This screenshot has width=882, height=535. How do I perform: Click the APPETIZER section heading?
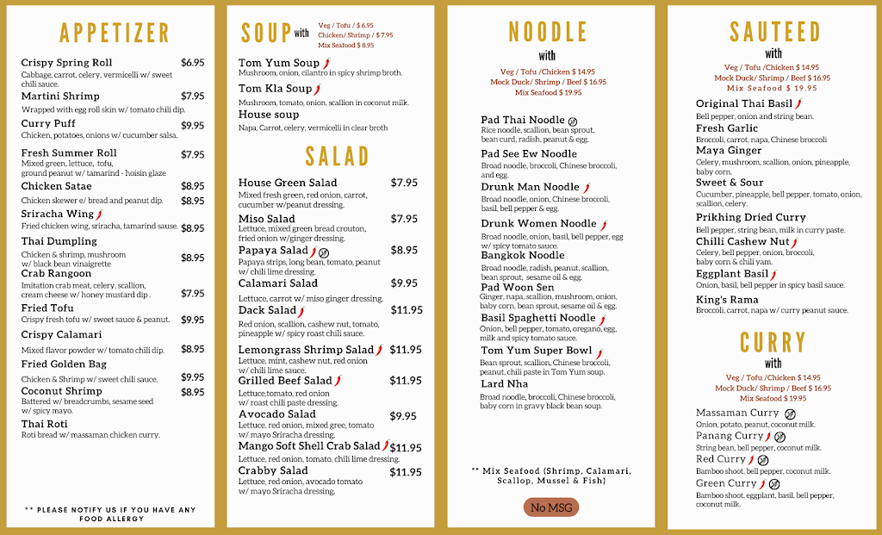tap(115, 34)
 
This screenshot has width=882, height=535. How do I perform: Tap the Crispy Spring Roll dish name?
tap(66, 63)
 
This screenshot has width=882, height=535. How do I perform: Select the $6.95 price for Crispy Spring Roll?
tap(192, 63)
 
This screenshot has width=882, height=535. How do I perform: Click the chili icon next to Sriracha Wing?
tap(99, 215)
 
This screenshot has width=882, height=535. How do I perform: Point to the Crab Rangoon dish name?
tap(57, 274)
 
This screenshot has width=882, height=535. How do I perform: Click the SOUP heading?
tap(265, 33)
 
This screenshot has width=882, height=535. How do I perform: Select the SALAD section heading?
tap(337, 156)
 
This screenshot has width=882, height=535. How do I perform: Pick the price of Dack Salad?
tap(406, 310)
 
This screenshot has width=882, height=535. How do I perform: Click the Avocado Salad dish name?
tap(277, 414)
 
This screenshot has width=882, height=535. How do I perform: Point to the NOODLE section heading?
tap(548, 32)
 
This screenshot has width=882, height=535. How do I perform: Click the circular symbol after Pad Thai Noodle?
tap(573, 121)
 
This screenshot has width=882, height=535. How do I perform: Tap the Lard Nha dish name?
tap(505, 384)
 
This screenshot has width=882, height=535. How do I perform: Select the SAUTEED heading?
tap(774, 32)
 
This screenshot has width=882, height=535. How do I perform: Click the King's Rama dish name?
tap(728, 299)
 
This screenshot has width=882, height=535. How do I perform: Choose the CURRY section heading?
tap(773, 342)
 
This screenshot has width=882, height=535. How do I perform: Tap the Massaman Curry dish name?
tap(737, 414)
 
